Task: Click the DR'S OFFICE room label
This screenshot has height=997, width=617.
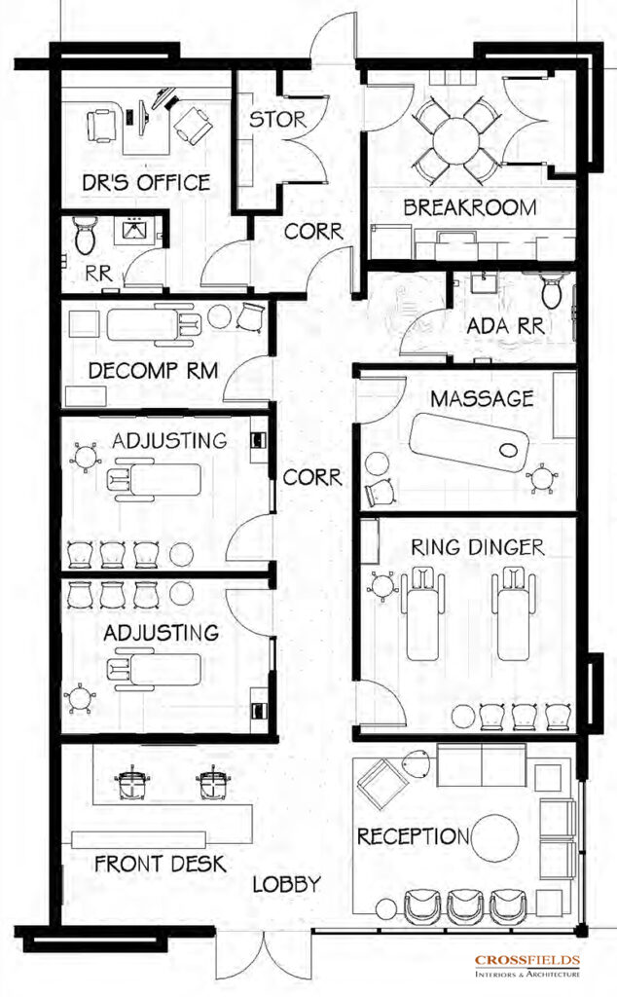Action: click(x=146, y=182)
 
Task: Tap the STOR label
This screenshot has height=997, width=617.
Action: click(x=277, y=119)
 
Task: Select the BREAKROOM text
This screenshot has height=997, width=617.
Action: click(x=470, y=207)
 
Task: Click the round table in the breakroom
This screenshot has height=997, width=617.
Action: click(x=455, y=140)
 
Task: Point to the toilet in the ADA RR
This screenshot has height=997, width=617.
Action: click(x=552, y=290)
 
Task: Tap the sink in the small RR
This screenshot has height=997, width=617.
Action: click(x=134, y=228)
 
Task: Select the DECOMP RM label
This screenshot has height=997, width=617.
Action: click(x=153, y=370)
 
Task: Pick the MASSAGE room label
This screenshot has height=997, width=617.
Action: click(x=482, y=398)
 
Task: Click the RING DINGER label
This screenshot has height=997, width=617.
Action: click(x=477, y=547)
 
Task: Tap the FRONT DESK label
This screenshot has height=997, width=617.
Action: click(x=161, y=864)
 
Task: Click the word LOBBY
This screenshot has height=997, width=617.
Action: click(x=286, y=884)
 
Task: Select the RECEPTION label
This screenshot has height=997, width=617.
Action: click(x=413, y=836)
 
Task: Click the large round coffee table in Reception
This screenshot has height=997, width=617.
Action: click(x=495, y=838)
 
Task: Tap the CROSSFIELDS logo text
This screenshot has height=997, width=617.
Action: click(x=527, y=960)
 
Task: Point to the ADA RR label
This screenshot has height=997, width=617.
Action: click(x=505, y=326)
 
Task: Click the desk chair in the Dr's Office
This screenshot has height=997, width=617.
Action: click(x=101, y=126)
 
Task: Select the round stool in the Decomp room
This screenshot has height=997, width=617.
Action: click(x=219, y=316)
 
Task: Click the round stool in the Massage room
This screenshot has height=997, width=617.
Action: click(x=377, y=462)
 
